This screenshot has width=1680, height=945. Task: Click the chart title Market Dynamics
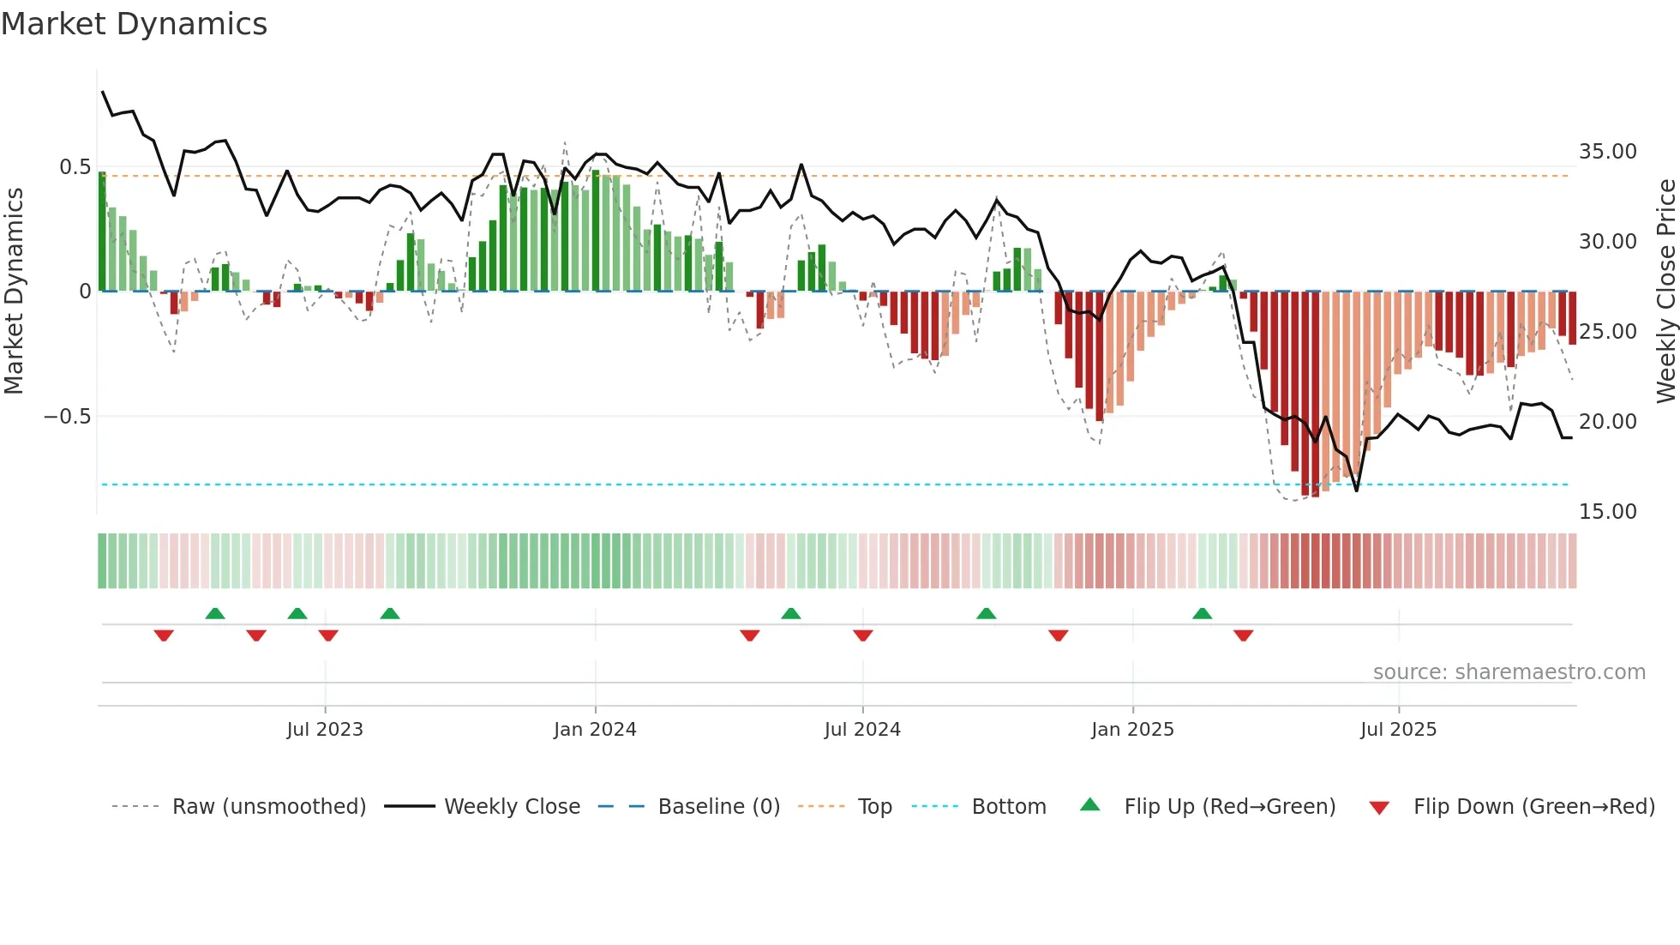click(x=134, y=24)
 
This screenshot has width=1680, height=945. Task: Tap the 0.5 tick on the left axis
click(x=75, y=167)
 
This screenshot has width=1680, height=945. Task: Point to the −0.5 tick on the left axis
click(x=67, y=417)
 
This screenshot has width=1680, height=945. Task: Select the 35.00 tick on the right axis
click(x=1607, y=152)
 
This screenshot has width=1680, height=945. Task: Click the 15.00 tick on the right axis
click(x=1607, y=512)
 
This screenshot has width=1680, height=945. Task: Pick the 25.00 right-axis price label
click(x=1607, y=332)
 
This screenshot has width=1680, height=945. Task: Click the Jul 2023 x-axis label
click(x=325, y=730)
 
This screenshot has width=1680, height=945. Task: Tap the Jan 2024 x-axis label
click(x=595, y=730)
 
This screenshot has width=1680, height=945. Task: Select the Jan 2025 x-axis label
click(x=1132, y=730)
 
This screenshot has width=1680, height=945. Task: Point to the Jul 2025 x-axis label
click(x=1398, y=730)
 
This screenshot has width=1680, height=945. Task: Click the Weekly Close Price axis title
click(x=1665, y=291)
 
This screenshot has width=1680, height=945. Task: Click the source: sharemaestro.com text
click(x=1509, y=672)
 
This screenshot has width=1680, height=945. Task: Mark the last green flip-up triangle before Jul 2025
click(x=1202, y=614)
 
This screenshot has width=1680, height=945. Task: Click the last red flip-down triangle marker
click(x=1243, y=635)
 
